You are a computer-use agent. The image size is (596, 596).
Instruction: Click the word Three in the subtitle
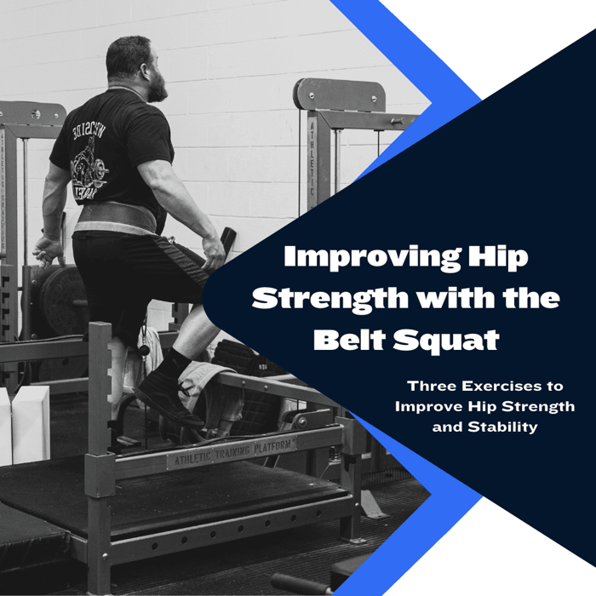[x=430, y=386]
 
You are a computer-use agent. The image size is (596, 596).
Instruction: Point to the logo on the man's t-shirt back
[x=89, y=153]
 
